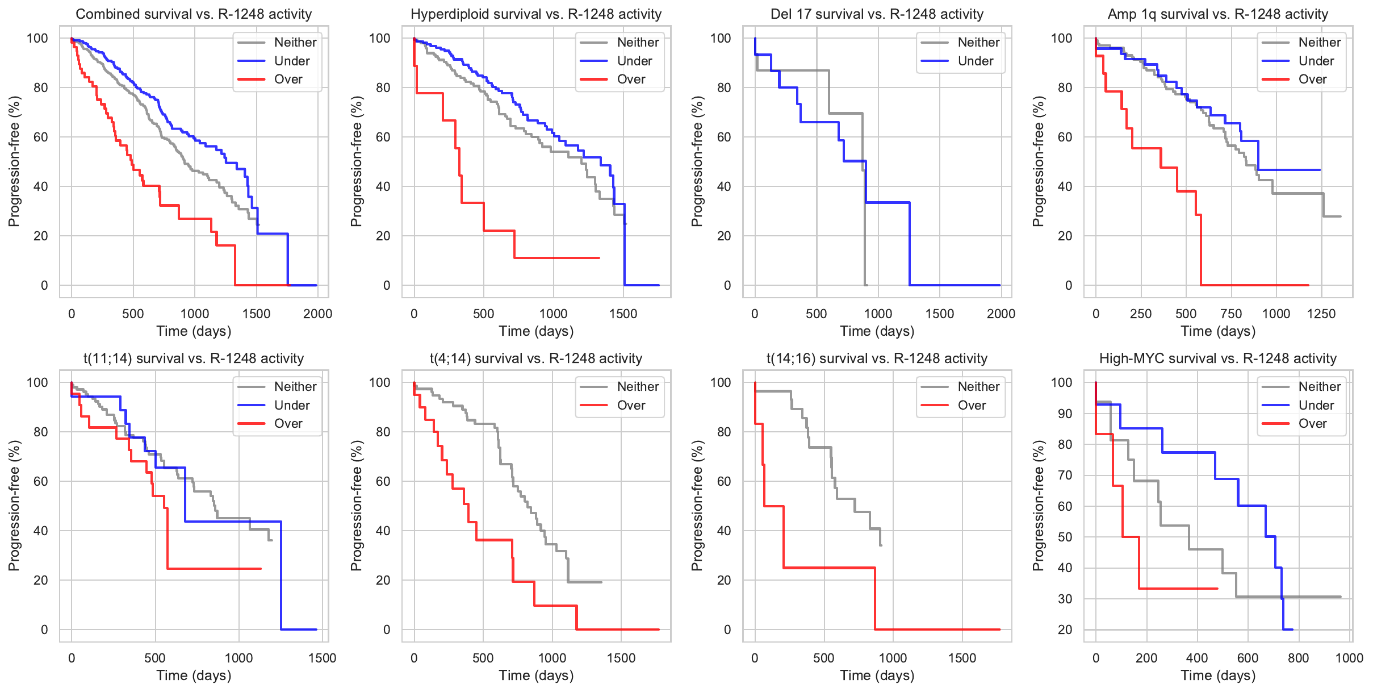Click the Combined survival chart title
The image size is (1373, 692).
click(x=194, y=14)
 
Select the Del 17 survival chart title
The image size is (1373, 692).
click(x=877, y=14)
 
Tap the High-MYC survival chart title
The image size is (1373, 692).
click(x=1218, y=358)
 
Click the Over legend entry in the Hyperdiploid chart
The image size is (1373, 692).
click(x=630, y=80)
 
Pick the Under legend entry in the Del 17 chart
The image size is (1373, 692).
click(x=975, y=61)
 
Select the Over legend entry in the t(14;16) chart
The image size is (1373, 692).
click(x=971, y=406)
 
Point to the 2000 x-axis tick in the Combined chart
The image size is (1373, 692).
click(x=317, y=314)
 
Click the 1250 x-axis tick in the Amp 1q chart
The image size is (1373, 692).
click(x=1321, y=314)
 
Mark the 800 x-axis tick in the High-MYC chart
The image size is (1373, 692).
click(x=1299, y=658)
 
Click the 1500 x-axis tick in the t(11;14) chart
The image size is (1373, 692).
click(x=322, y=658)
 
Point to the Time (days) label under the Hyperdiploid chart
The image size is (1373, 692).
click(x=536, y=331)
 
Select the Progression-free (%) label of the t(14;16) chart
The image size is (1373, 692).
click(x=697, y=506)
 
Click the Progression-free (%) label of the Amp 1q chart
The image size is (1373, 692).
click(x=1039, y=161)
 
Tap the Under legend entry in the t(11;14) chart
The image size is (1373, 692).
click(x=291, y=406)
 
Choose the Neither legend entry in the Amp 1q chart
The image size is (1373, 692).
click(x=1319, y=43)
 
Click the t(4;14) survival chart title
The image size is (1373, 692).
click(x=536, y=358)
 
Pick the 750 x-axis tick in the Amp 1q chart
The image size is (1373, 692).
click(x=1231, y=314)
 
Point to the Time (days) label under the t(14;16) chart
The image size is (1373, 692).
click(x=877, y=676)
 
